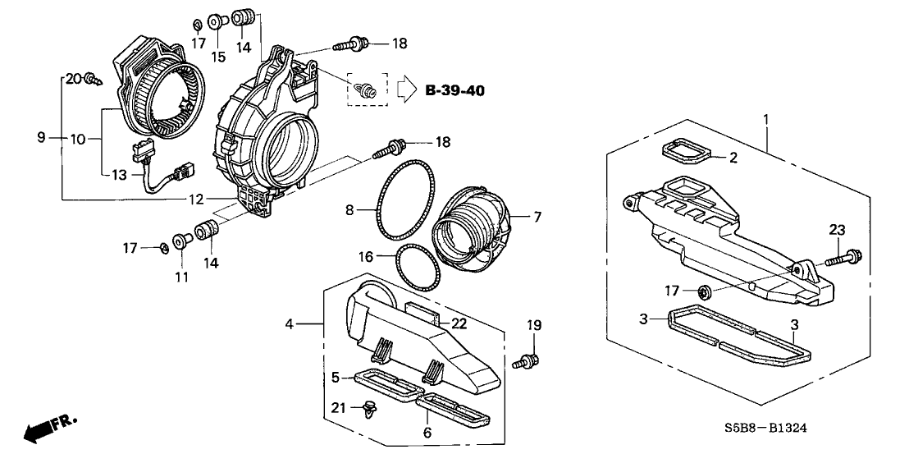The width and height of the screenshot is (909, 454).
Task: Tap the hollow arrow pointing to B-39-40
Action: coord(406,89)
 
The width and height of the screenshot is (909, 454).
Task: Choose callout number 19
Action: coord(533,326)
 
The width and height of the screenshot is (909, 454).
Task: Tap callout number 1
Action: coord(766,119)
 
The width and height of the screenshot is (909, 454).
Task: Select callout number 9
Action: coord(41,140)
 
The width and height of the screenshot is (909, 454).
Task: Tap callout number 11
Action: coord(181,277)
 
